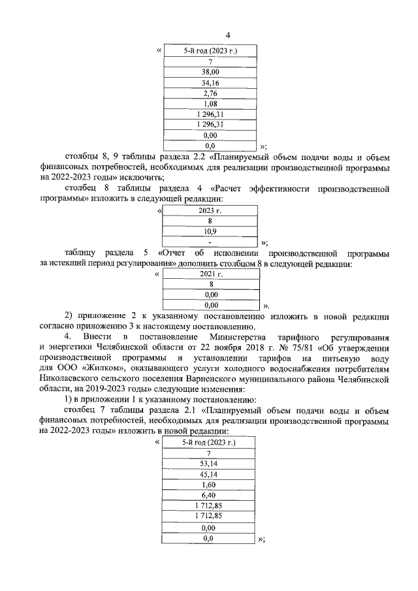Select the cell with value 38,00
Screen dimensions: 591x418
(x=210, y=72)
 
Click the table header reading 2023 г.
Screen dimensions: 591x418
(x=210, y=210)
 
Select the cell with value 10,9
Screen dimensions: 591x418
(x=210, y=231)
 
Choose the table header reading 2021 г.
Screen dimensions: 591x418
(x=210, y=274)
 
